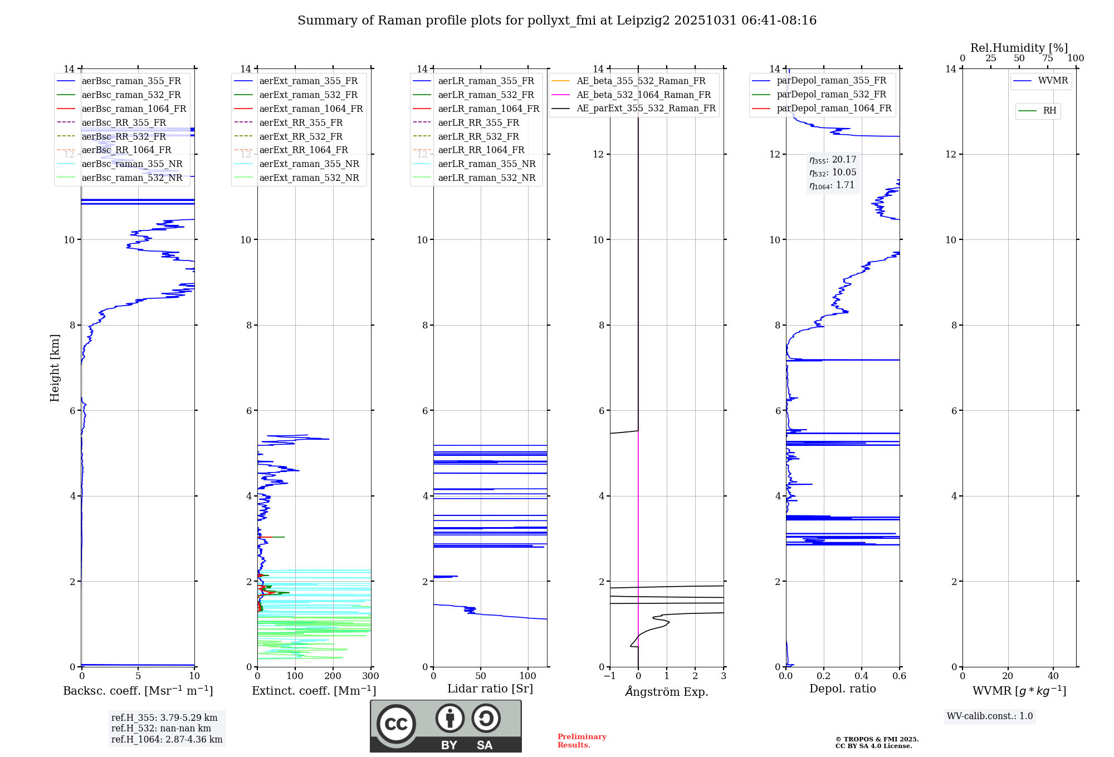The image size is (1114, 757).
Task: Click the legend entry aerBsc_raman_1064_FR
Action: [134, 109]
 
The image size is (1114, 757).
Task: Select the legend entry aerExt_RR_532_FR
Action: [301, 136]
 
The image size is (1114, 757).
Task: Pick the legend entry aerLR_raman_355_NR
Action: [486, 164]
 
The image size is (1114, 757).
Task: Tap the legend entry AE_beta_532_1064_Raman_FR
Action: [643, 95]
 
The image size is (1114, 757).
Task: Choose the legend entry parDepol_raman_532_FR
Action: [831, 95]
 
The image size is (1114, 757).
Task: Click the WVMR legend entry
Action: [1053, 81]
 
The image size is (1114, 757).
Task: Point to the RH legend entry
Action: [1049, 111]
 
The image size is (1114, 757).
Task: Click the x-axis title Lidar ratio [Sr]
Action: [490, 689]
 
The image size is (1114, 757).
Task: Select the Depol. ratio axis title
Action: [842, 689]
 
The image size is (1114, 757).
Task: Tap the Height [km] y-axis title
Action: [55, 368]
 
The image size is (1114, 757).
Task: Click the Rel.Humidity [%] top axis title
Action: [1019, 48]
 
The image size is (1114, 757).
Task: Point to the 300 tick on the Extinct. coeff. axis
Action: [370, 676]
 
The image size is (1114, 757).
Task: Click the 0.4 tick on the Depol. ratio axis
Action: [861, 676]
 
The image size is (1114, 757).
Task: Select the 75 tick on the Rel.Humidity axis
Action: [1047, 58]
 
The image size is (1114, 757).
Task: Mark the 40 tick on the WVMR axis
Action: [1053, 676]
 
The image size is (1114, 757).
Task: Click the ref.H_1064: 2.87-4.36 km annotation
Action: [167, 739]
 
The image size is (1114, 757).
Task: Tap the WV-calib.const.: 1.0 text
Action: [990, 716]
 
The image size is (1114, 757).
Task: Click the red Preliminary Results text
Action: [582, 741]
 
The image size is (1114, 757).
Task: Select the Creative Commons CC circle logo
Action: [396, 724]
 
